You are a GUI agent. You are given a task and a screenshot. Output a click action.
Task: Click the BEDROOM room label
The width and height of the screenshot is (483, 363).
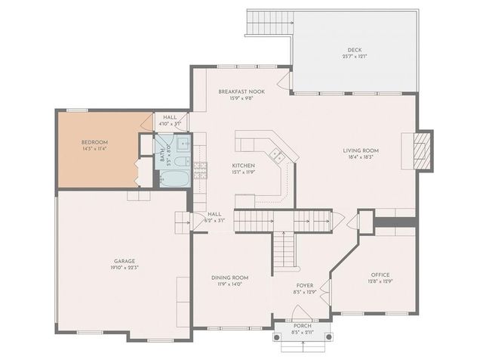coord(95,142)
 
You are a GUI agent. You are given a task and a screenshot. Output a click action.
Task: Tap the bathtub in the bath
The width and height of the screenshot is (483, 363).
coord(175,178)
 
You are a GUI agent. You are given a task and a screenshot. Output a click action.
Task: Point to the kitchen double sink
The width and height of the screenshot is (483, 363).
coord(277,156)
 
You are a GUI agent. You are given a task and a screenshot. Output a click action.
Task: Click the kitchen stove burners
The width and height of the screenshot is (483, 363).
coord(200,169)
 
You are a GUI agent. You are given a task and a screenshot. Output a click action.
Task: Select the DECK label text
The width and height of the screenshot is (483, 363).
coord(355,51)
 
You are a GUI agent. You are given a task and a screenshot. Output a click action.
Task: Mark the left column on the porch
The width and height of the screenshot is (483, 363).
coord(275,334)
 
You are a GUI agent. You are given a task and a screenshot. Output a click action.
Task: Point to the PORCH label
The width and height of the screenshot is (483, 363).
coord(302,325)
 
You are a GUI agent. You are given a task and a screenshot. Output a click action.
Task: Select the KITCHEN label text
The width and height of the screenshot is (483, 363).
coord(243,165)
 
